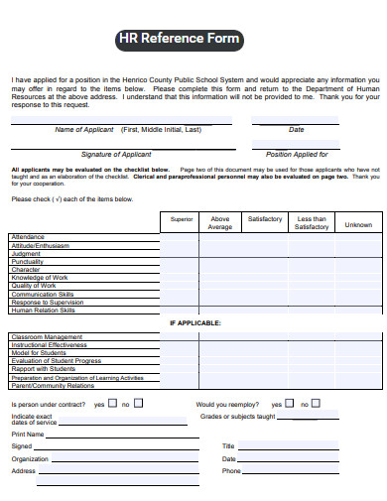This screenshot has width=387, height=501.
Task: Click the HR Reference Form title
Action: click(179, 40)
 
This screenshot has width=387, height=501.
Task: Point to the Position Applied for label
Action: click(297, 154)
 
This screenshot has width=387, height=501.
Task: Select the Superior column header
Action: click(182, 218)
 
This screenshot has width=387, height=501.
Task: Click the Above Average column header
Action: click(220, 222)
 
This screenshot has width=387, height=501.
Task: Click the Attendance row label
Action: click(28, 237)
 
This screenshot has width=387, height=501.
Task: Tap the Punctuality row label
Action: click(28, 261)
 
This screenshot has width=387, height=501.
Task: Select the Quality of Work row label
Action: click(34, 286)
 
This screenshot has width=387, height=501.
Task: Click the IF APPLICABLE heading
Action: click(194, 322)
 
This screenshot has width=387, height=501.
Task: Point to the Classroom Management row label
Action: click(47, 337)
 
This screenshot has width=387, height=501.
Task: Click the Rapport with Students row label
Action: click(43, 369)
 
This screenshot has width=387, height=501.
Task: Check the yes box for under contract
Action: click(111, 403)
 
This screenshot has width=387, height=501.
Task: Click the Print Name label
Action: click(28, 434)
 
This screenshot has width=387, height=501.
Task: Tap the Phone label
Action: click(231, 471)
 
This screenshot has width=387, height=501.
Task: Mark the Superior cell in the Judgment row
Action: click(182, 253)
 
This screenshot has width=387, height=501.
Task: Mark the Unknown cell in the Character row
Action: click(357, 269)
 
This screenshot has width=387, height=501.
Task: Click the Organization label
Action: click(30, 458)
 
